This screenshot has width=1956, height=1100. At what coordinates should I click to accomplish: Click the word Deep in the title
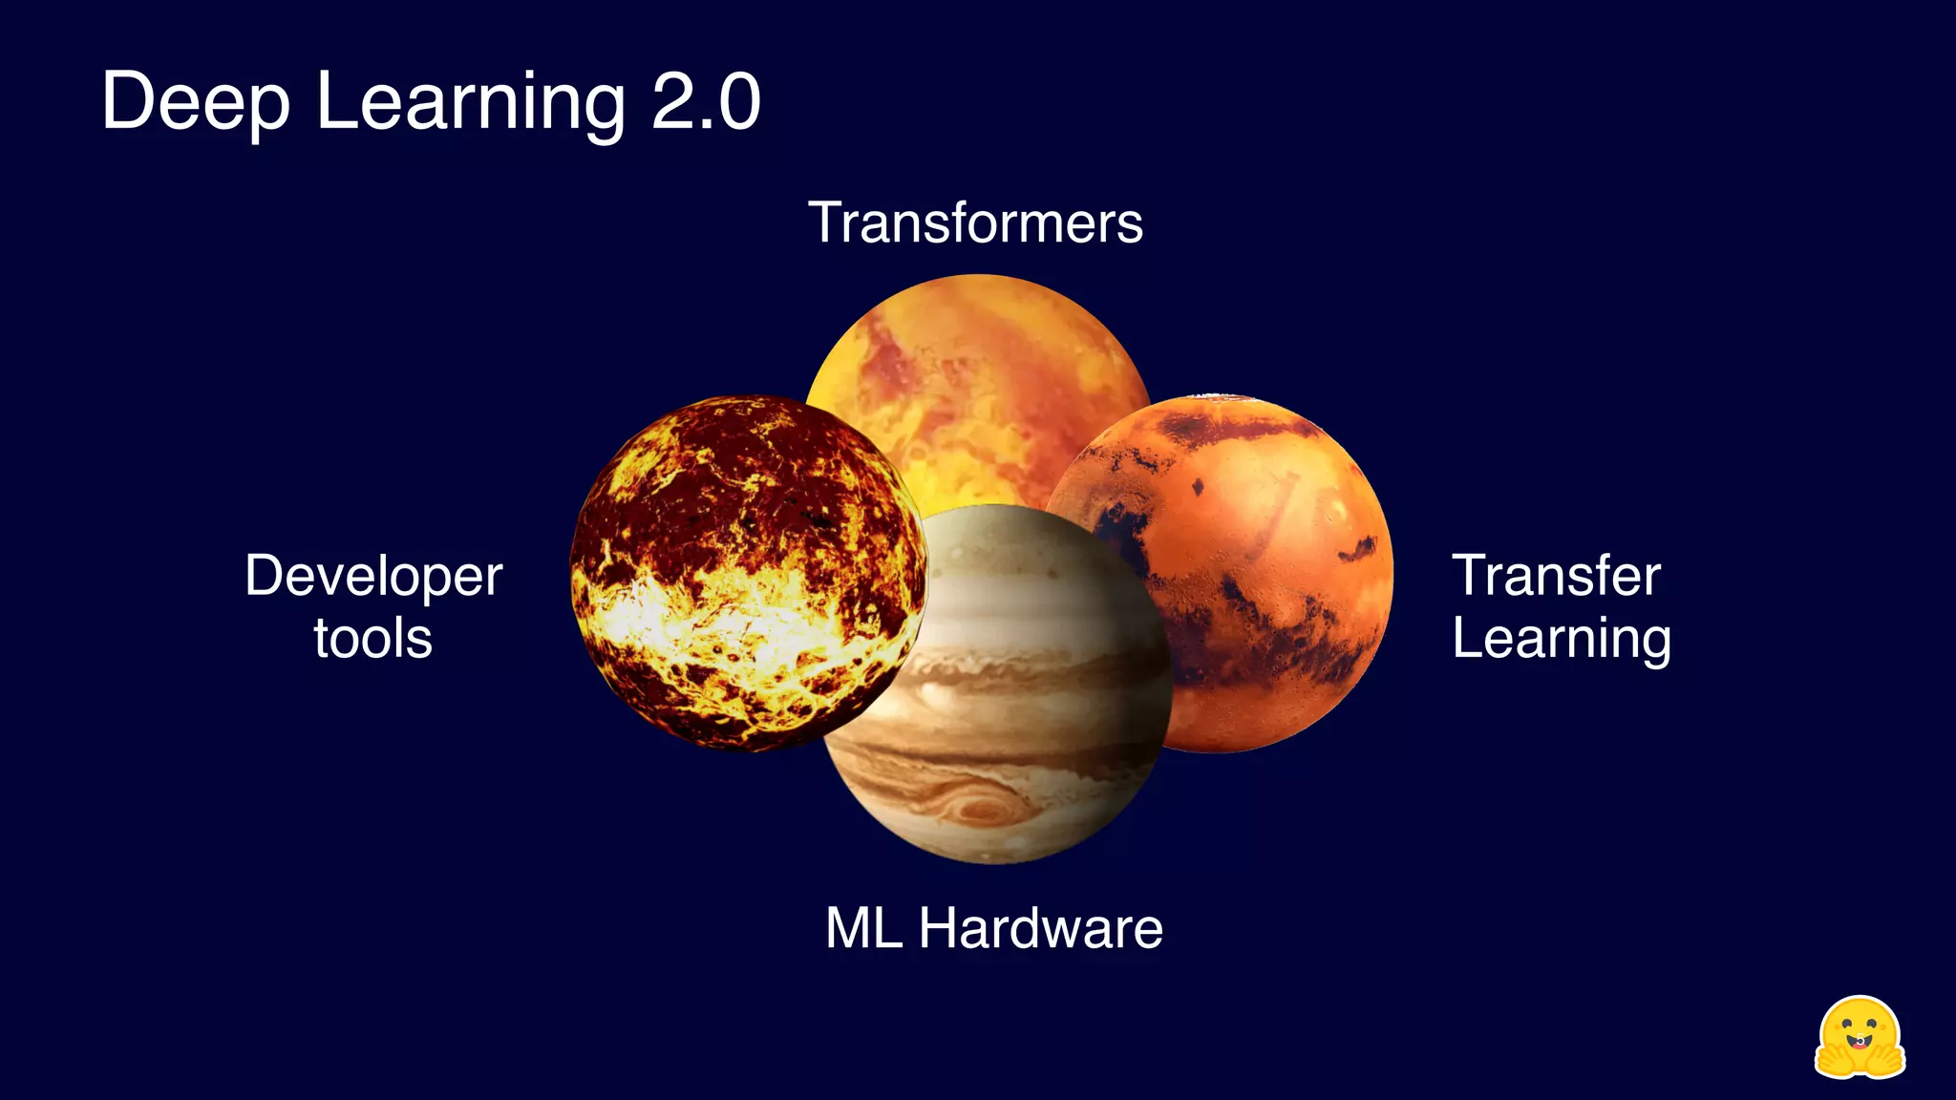point(196,103)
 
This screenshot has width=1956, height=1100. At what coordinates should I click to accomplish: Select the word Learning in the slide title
point(470,103)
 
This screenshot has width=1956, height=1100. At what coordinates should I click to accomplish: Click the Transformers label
point(975,223)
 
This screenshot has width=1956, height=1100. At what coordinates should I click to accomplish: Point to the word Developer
point(373,576)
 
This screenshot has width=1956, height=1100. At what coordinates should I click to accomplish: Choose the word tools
point(373,638)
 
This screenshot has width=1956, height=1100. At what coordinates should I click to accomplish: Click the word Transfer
point(1556,576)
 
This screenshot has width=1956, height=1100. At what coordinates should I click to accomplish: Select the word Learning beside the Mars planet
point(1562,638)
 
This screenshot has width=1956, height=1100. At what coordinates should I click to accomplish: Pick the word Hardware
point(1040,928)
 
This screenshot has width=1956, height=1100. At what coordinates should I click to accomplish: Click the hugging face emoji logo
point(1859,1038)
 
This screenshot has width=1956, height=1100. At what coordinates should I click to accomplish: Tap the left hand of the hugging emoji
point(1832,1058)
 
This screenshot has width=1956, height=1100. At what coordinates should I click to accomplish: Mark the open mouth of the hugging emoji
point(1859,1041)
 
